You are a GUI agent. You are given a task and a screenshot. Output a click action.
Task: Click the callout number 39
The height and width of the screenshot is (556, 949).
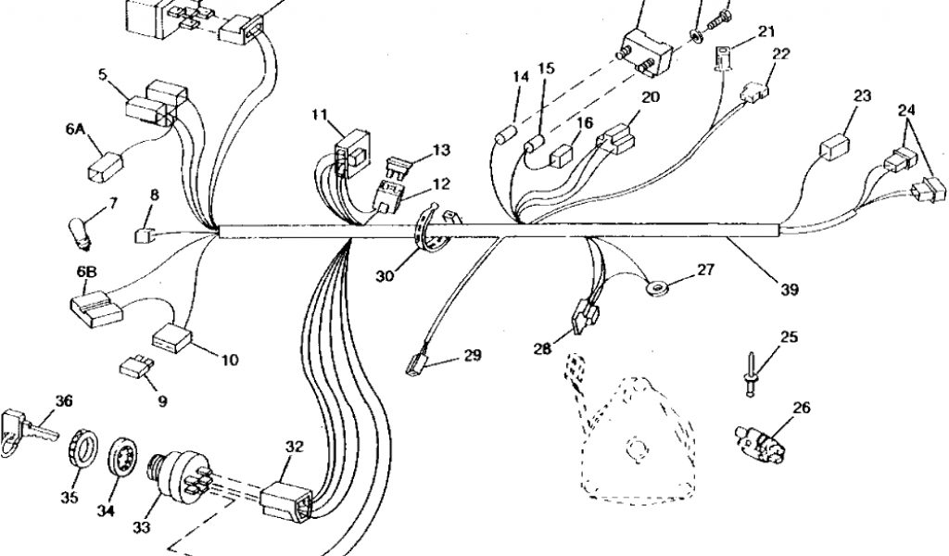[x=789, y=289]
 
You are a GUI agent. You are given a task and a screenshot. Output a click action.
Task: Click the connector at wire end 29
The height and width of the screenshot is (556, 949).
[x=417, y=361]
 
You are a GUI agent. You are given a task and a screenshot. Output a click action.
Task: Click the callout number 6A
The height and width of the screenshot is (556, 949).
[x=75, y=131]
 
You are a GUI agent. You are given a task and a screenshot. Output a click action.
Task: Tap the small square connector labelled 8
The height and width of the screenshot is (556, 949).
[x=145, y=233]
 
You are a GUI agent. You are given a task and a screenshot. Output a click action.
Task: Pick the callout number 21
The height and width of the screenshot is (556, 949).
[x=766, y=32]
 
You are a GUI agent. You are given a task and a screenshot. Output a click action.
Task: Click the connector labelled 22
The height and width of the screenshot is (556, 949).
[x=754, y=92]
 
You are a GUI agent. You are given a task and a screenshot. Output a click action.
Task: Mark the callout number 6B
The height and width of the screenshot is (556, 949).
[x=86, y=272]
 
